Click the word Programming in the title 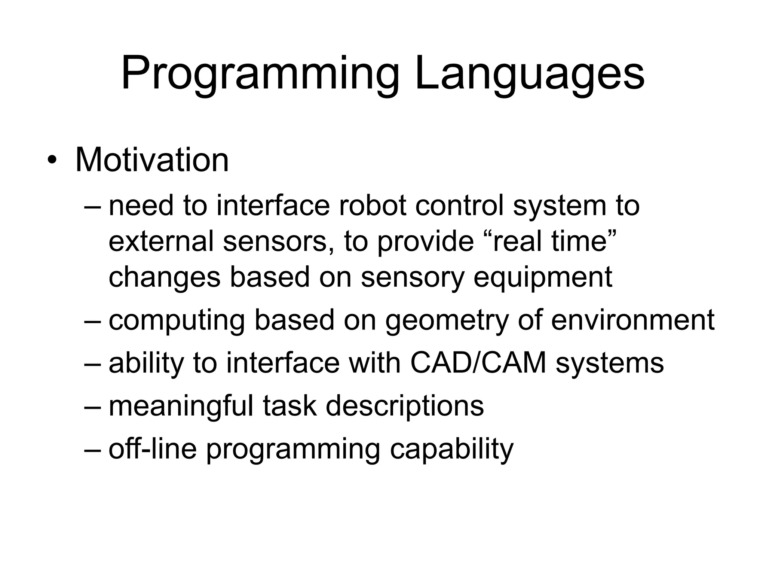coord(260,74)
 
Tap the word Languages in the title coord(530,74)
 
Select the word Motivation coord(152,160)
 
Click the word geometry coord(447,320)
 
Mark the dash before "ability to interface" coord(93,364)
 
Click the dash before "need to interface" coord(93,207)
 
